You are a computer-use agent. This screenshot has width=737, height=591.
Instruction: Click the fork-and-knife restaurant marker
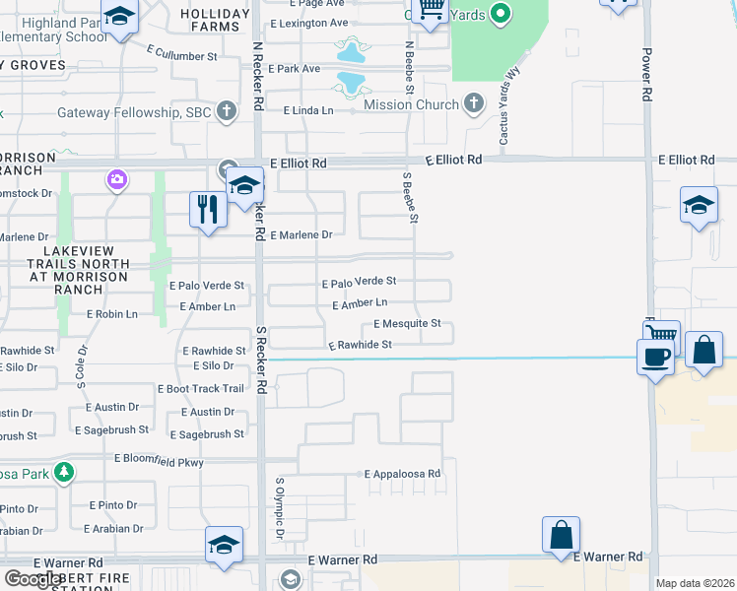click(x=207, y=210)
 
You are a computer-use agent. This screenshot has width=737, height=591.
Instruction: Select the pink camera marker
click(x=117, y=179)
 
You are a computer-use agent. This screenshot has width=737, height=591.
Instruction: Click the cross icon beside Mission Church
click(x=474, y=103)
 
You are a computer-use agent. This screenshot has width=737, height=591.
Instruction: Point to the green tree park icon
click(x=64, y=473)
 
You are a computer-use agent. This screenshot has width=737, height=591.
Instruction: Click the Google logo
click(x=33, y=579)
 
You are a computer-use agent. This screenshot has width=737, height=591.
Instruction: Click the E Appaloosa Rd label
click(x=402, y=474)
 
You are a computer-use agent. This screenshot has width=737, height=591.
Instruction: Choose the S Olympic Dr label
click(x=280, y=508)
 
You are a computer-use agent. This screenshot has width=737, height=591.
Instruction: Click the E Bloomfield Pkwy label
click(x=159, y=459)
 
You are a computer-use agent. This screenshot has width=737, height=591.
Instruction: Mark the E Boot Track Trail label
click(x=201, y=389)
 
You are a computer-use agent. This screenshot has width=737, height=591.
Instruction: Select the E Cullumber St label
click(x=181, y=57)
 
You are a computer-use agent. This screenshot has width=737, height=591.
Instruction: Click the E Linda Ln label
click(x=308, y=110)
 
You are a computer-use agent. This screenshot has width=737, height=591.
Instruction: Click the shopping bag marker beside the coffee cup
click(x=703, y=351)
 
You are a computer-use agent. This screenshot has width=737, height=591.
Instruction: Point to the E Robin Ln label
click(x=111, y=314)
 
